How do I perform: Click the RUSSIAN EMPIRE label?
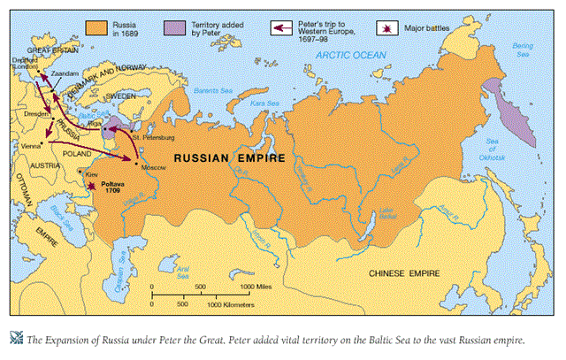coord(229,158)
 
